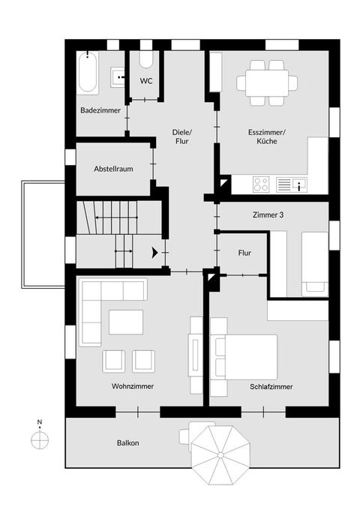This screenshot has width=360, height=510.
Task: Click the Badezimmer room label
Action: tap(100, 110)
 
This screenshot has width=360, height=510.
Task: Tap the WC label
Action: tap(146, 81)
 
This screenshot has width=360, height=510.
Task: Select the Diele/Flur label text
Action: tap(183, 136)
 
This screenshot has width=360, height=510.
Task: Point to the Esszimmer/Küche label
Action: tap(268, 136)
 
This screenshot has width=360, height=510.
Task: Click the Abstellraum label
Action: tap(113, 169)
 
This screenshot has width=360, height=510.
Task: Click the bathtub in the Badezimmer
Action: tap(88, 73)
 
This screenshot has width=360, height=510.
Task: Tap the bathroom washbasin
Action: tap(118, 74)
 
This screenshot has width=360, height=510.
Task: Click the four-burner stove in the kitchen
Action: tap(262, 184)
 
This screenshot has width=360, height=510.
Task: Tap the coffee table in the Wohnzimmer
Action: tap(125, 322)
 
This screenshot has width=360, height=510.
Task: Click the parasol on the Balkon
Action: tap(220, 454)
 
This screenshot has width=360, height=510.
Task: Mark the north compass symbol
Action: tap(40, 440)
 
